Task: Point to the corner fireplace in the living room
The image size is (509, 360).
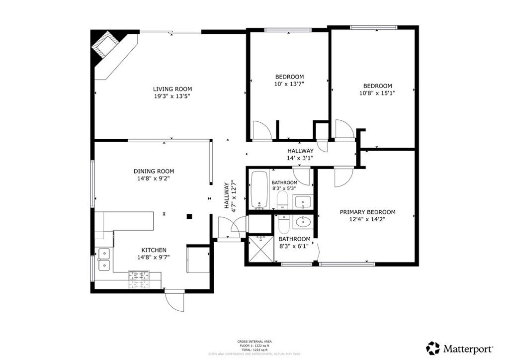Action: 105,47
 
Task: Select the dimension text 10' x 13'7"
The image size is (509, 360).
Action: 289,84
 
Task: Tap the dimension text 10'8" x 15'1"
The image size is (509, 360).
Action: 377,93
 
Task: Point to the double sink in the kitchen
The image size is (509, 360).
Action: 104,259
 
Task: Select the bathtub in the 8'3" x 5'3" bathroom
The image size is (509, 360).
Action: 258,190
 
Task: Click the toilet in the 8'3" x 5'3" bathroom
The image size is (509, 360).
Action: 282,201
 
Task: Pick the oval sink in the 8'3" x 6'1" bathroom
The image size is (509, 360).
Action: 302,221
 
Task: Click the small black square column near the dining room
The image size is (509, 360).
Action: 189,216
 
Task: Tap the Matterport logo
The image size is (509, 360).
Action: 460,348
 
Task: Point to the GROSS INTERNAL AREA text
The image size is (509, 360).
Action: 254,341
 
